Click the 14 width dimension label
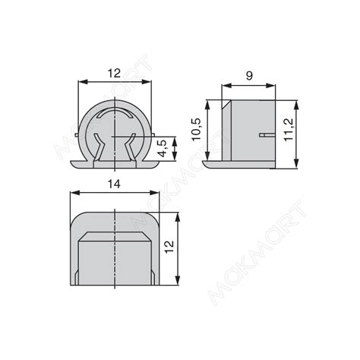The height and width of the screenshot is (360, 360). point(114,185)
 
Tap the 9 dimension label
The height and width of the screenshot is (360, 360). point(249,76)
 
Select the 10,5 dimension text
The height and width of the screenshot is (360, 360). point(196,129)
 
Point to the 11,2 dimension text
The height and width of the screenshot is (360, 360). point(288,130)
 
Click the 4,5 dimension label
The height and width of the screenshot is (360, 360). point(164,149)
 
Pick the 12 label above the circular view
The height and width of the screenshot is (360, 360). point(115,74)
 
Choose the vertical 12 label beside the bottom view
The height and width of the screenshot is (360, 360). point(169,247)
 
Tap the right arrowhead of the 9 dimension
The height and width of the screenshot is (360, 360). point(271,86)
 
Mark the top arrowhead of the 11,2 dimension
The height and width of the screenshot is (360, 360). point(296,105)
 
